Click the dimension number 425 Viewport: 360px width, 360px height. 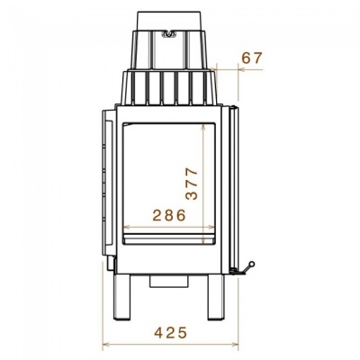(171, 332)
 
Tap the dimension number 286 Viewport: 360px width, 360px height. (169, 215)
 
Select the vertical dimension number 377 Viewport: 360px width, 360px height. (192, 184)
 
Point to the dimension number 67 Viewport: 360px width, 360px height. (252, 58)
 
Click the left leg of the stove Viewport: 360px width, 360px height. (121, 297)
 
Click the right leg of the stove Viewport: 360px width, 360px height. (216, 297)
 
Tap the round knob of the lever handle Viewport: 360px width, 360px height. (252, 264)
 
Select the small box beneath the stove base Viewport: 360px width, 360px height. (169, 281)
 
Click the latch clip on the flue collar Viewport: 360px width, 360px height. (168, 34)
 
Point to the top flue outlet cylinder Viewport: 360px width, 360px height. (169, 21)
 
